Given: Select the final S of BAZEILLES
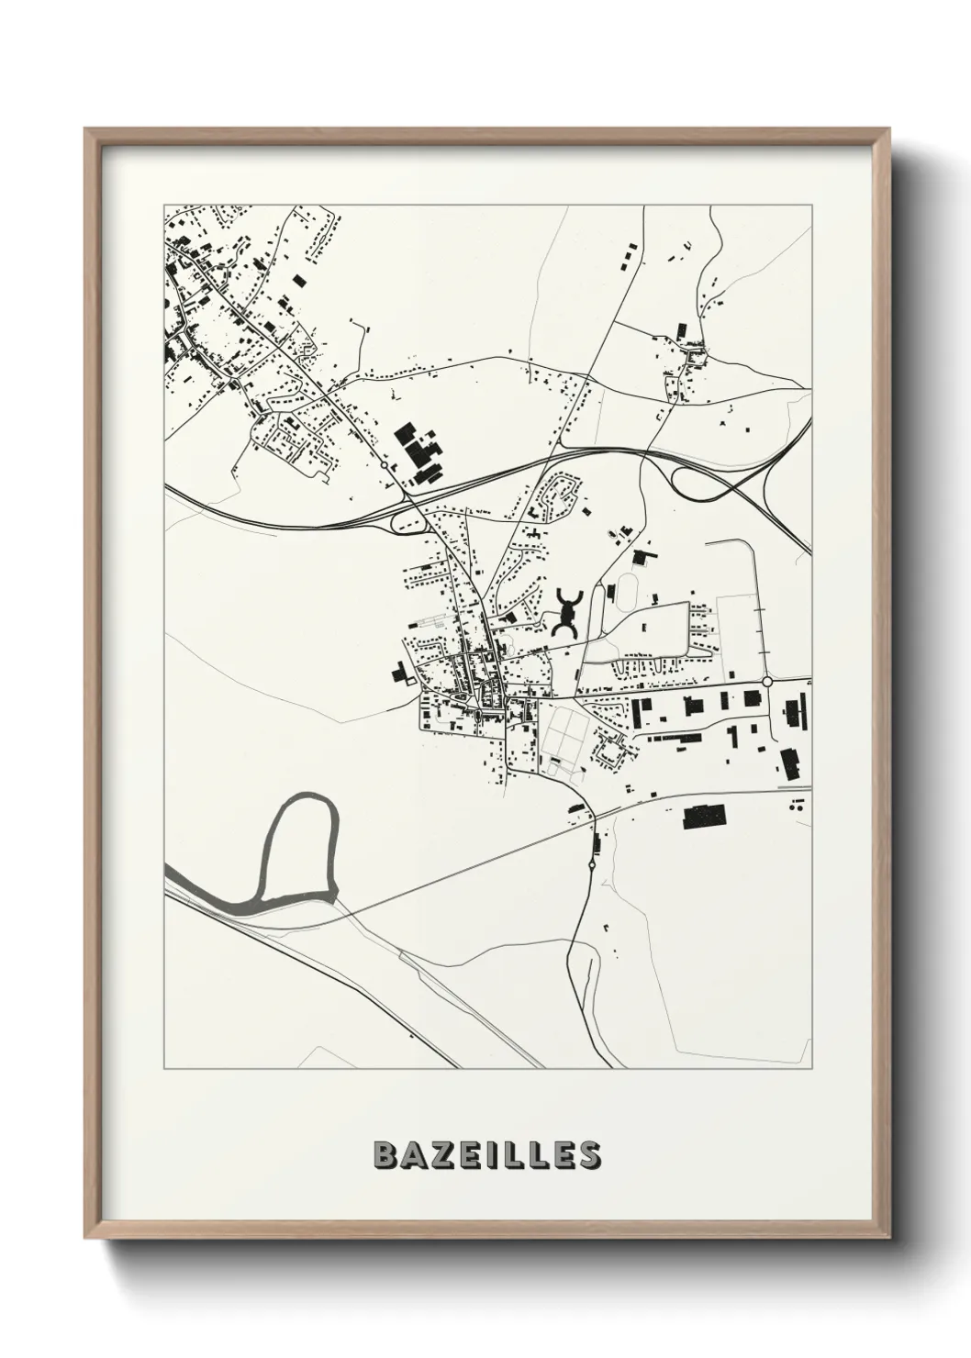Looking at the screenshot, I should (x=588, y=1155).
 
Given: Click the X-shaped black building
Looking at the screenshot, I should (x=568, y=612).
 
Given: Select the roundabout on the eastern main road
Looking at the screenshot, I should (x=766, y=682).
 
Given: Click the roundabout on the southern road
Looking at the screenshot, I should (x=592, y=863).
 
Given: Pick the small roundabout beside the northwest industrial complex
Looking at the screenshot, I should (x=383, y=466).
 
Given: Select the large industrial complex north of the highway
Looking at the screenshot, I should (x=418, y=451).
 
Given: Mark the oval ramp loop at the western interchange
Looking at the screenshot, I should (x=409, y=522).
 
